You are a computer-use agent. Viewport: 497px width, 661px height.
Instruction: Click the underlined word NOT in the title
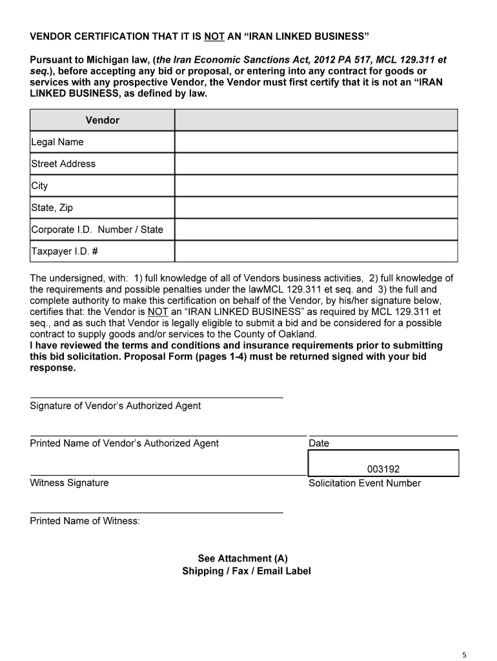tap(214, 35)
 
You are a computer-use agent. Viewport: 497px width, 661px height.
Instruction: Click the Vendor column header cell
tap(102, 120)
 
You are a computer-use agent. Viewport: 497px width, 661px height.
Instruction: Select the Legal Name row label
tap(57, 142)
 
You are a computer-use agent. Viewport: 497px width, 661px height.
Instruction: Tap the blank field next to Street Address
tap(316, 164)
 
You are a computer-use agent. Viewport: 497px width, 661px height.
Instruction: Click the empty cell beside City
tap(316, 186)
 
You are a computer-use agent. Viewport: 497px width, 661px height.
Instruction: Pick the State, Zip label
tap(52, 208)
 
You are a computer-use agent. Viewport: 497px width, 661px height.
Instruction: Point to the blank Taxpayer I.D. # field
tap(316, 251)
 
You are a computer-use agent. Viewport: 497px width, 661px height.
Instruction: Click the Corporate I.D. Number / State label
tap(97, 230)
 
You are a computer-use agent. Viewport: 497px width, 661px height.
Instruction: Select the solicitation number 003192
tap(383, 469)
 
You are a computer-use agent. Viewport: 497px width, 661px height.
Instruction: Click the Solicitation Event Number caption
tap(365, 483)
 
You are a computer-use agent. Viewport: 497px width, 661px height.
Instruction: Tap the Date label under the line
tap(319, 443)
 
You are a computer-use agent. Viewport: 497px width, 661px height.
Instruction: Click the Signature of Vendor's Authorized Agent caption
tap(116, 406)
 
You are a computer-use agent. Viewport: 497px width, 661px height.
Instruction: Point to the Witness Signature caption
tap(69, 483)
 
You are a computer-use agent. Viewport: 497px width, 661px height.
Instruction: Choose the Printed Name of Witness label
tap(85, 521)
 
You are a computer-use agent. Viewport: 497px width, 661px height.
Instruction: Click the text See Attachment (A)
tap(246, 558)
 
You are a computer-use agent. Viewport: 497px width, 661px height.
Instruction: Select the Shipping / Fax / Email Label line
tap(246, 571)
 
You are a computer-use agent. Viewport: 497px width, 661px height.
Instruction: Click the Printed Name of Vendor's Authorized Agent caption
tap(125, 443)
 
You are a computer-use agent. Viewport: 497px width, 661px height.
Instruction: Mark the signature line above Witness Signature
tap(167, 475)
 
